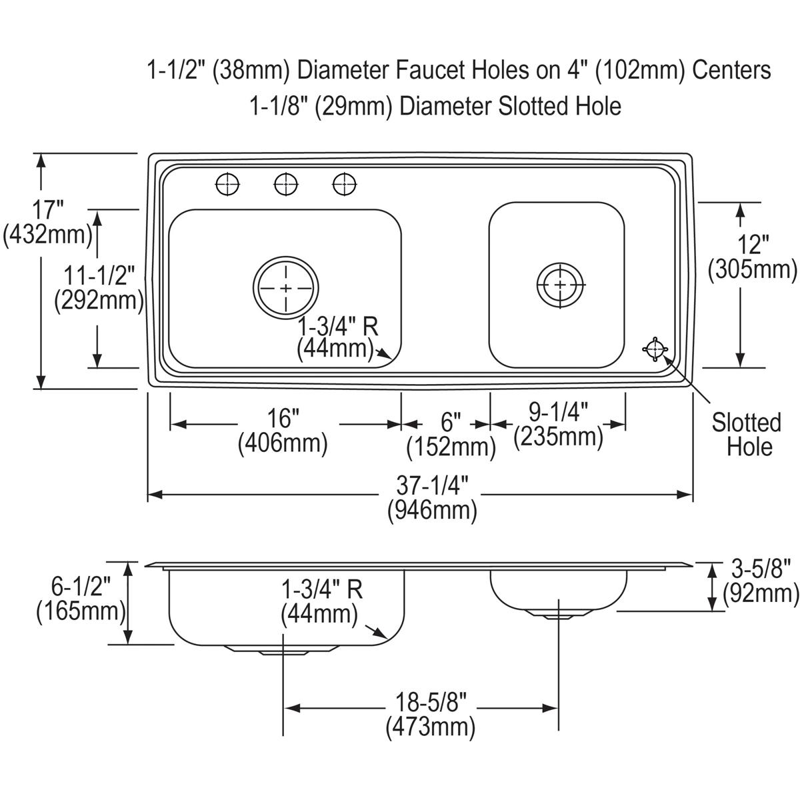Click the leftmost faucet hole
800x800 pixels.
[x=228, y=184]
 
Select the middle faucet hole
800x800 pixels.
[x=286, y=184]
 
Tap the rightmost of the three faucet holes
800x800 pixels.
[x=344, y=184]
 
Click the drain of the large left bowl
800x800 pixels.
[x=285, y=289]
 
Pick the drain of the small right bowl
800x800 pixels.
[x=561, y=285]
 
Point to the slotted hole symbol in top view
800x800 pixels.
[x=655, y=348]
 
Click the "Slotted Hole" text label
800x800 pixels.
[x=746, y=434]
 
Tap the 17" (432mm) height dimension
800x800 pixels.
[x=47, y=222]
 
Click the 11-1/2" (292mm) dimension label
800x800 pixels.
[x=99, y=287]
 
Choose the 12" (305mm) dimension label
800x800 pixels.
[x=753, y=257]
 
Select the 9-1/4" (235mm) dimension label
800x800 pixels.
[x=559, y=425]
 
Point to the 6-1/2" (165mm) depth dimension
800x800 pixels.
[x=81, y=598]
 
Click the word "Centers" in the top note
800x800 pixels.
[x=731, y=69]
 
